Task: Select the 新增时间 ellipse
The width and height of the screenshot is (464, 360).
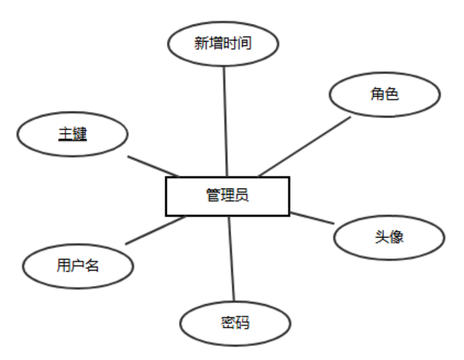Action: [x=222, y=43]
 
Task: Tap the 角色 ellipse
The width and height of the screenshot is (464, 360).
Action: [x=385, y=94]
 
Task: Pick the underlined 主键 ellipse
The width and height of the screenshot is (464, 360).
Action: [x=72, y=134]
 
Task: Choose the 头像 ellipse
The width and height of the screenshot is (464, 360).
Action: [x=389, y=237]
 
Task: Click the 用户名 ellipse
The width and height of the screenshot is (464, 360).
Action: [x=78, y=265]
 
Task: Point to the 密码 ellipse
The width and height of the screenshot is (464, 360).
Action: [x=235, y=323]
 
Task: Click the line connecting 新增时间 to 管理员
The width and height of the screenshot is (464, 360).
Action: [x=225, y=120]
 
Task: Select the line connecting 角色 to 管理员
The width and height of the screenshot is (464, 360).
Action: [x=305, y=146]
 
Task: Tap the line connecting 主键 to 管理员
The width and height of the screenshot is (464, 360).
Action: [x=153, y=166]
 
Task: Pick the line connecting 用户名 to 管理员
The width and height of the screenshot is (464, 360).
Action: [x=155, y=230]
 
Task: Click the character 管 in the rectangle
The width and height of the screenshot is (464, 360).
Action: [x=213, y=195]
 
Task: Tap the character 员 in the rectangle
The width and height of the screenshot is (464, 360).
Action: [x=242, y=195]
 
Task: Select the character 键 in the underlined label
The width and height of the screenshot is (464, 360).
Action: [x=80, y=134]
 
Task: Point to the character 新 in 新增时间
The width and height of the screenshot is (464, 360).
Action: [x=201, y=43]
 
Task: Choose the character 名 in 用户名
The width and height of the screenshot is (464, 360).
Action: [x=92, y=265]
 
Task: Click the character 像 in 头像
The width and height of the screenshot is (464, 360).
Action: [x=396, y=237]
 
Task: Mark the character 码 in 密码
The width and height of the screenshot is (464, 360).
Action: [x=242, y=323]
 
